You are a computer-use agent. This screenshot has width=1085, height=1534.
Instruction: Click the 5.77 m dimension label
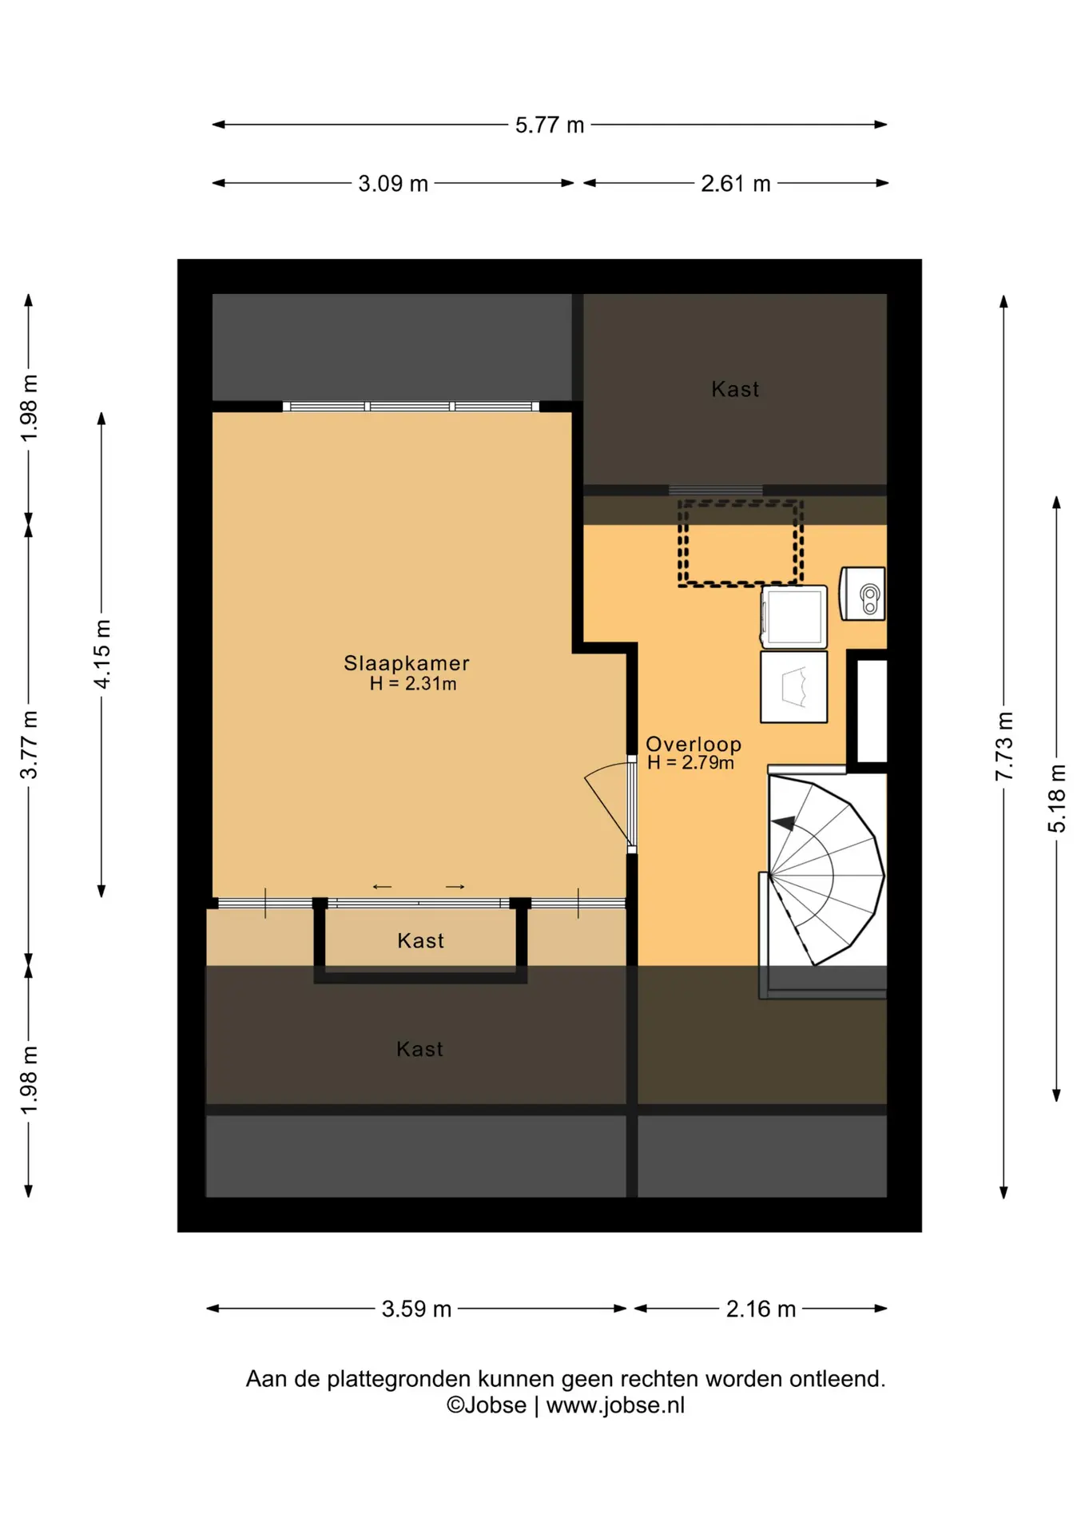point(550,125)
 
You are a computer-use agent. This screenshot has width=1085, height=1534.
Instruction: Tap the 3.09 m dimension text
point(393,184)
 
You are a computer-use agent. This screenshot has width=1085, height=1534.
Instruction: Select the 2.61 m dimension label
point(736,184)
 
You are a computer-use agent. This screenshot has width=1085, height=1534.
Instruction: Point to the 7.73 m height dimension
point(1004,746)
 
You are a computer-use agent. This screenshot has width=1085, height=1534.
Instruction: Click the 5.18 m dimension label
point(1057,798)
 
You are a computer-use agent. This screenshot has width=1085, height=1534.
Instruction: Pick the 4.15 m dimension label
point(102,654)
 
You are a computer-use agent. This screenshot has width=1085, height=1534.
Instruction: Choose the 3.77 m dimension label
point(29,745)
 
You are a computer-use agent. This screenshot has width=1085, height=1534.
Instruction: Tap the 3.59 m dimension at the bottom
point(416,1309)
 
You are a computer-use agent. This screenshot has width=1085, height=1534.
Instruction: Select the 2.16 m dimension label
point(761,1309)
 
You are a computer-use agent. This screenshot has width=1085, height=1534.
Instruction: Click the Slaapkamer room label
point(407,663)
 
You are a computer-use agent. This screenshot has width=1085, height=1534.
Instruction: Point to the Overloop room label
point(694,745)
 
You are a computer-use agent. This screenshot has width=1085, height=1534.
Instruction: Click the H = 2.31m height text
point(413,684)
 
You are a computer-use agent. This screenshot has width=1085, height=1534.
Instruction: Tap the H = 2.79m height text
point(690,763)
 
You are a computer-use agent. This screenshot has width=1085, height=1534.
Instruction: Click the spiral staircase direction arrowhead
point(783,824)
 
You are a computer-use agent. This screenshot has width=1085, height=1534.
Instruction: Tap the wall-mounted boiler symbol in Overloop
point(862,594)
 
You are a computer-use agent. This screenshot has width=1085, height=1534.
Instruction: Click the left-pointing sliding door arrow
point(383,887)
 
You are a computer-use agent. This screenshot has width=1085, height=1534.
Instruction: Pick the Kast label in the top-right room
point(735,389)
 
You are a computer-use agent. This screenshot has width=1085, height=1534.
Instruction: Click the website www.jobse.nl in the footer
point(615,1405)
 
